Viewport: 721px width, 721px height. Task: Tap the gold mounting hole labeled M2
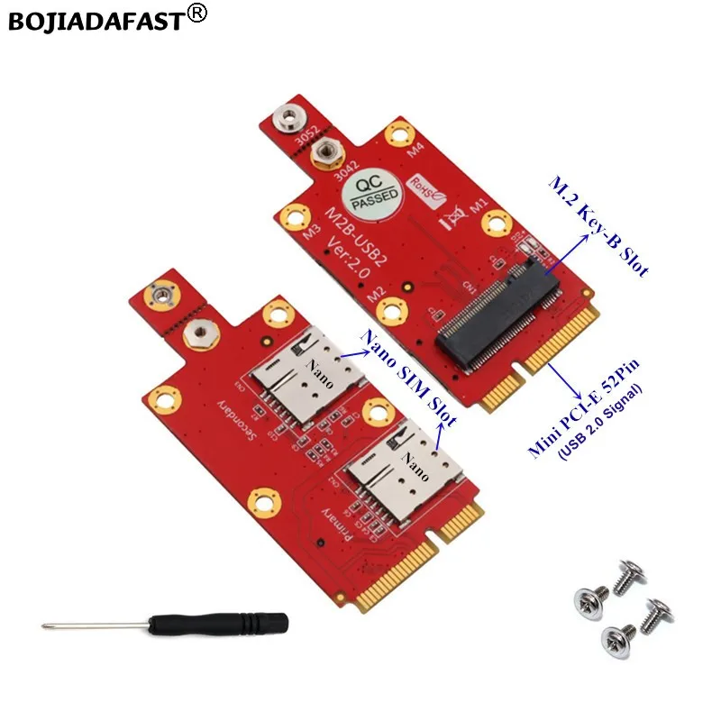389,311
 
